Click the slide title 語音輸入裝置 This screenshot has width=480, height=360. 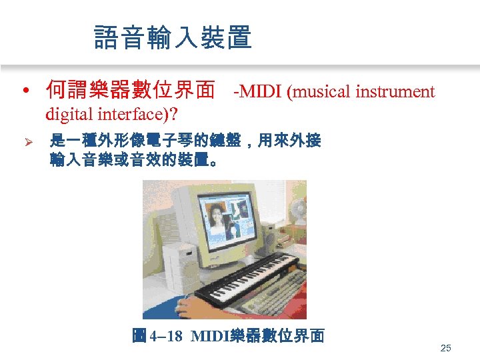pos(173,37)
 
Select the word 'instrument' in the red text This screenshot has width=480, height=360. pos(395,91)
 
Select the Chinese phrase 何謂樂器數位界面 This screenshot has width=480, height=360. pos(131,90)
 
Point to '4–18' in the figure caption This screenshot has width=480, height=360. pos(165,335)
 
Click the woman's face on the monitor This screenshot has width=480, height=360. pos(217,217)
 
